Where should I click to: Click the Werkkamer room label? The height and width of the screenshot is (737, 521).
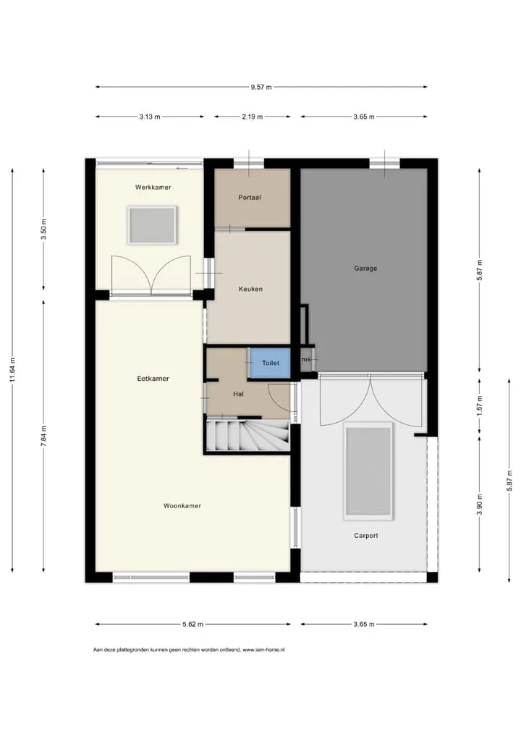pyautogui.click(x=153, y=187)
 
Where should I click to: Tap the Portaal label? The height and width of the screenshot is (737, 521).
pyautogui.click(x=250, y=198)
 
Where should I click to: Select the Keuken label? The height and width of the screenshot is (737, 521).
pyautogui.click(x=250, y=289)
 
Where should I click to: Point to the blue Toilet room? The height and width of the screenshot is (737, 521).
pyautogui.click(x=269, y=363)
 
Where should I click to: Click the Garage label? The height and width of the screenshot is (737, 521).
pyautogui.click(x=365, y=269)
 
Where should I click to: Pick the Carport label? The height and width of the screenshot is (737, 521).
pyautogui.click(x=366, y=535)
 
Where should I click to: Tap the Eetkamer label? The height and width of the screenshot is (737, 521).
pyautogui.click(x=153, y=379)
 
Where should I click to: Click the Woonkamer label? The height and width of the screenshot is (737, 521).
pyautogui.click(x=182, y=506)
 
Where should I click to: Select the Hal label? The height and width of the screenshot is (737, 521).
pyautogui.click(x=239, y=394)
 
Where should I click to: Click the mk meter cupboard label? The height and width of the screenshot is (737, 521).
pyautogui.click(x=306, y=360)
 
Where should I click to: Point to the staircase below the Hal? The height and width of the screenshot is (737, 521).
pyautogui.click(x=247, y=436)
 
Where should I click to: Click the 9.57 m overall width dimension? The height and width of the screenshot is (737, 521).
pyautogui.click(x=261, y=87)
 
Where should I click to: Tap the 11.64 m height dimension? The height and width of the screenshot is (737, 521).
pyautogui.click(x=13, y=370)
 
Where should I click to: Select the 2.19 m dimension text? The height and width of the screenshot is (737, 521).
pyautogui.click(x=253, y=117)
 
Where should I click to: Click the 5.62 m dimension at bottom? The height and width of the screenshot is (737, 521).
pyautogui.click(x=193, y=624)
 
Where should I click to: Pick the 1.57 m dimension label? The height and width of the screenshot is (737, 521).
pyautogui.click(x=480, y=405)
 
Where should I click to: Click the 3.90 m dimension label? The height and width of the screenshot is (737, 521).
pyautogui.click(x=480, y=505)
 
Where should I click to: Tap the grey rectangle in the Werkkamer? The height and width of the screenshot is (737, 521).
pyautogui.click(x=152, y=226)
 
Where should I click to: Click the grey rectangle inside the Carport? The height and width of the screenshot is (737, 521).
pyautogui.click(x=368, y=471)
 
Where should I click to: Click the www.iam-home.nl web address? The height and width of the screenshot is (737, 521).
pyautogui.click(x=263, y=649)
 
